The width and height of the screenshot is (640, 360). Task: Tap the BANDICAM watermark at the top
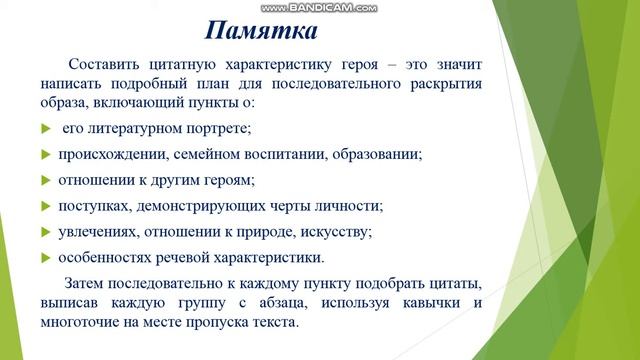click(320, 6)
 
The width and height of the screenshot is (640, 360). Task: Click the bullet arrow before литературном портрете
click(46, 128)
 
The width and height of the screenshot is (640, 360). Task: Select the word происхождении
click(112, 154)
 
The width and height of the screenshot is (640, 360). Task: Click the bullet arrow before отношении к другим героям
click(46, 181)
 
